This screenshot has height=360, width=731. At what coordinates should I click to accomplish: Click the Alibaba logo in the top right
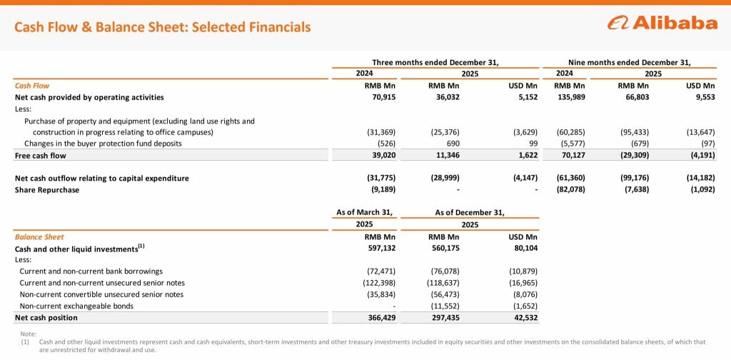662,23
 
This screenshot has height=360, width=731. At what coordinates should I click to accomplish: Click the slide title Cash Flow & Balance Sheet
163,27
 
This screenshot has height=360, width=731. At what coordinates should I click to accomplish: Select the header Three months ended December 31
435,62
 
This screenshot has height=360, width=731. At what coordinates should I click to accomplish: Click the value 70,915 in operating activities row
381,97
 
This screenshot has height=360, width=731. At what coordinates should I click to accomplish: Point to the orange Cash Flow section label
32,86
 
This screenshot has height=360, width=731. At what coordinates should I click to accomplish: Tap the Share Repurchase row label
47,189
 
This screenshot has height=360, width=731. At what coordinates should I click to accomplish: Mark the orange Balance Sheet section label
39,237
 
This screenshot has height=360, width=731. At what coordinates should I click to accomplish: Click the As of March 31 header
365,212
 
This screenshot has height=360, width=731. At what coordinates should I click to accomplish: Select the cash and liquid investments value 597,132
378,249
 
